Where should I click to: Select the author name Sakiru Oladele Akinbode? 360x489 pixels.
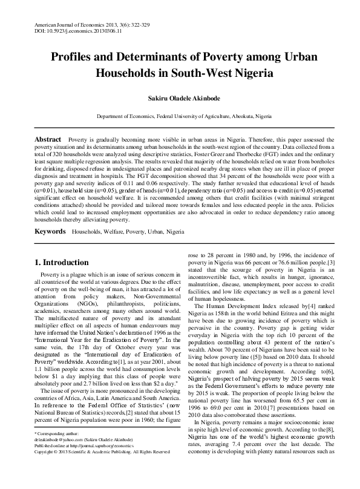[180, 96]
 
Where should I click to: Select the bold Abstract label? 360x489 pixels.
[48, 139]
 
